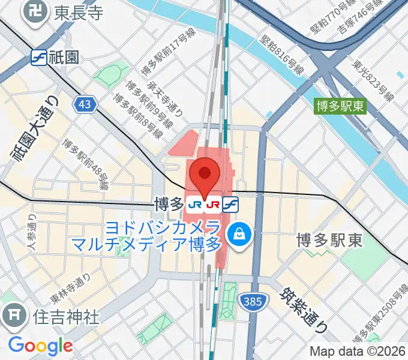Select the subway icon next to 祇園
39,57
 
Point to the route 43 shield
86,104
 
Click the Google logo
40,345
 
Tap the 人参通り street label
31,235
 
